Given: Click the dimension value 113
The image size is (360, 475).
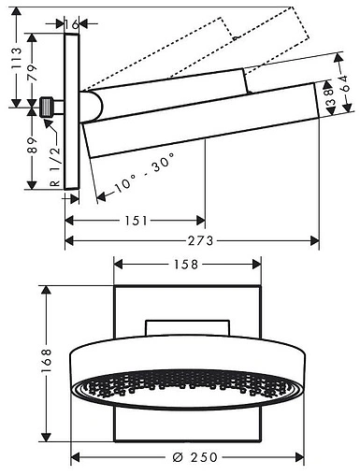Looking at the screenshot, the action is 16,58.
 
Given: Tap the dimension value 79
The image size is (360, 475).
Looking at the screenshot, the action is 32,73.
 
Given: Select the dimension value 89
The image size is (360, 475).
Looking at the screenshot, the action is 32,145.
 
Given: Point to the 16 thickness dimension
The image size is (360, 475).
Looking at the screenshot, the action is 71,24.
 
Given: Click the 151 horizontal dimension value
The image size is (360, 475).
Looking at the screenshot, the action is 136,221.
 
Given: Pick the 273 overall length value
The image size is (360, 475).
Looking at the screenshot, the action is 201,240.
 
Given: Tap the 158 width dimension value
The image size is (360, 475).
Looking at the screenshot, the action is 186,265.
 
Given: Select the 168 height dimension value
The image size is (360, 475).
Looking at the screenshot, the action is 46,361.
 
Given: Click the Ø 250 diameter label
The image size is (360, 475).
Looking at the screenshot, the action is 194,457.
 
